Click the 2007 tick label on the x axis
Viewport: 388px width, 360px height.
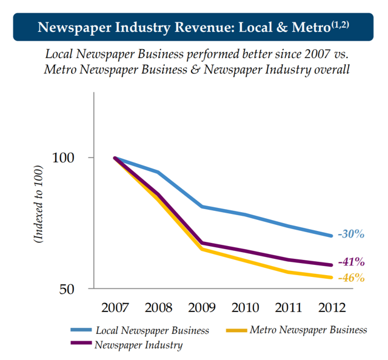115,307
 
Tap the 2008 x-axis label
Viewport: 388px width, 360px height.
158,307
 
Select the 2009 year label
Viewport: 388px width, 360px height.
202,307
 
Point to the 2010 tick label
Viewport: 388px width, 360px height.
246,307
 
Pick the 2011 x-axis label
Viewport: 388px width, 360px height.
289,307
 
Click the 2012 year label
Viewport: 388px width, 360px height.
332,307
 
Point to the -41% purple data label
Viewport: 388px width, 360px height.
352,262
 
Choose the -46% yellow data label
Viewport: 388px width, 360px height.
352,278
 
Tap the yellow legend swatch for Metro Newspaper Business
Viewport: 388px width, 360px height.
235,330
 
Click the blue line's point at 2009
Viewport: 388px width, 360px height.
202,207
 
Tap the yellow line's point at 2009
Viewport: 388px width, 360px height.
202,249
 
